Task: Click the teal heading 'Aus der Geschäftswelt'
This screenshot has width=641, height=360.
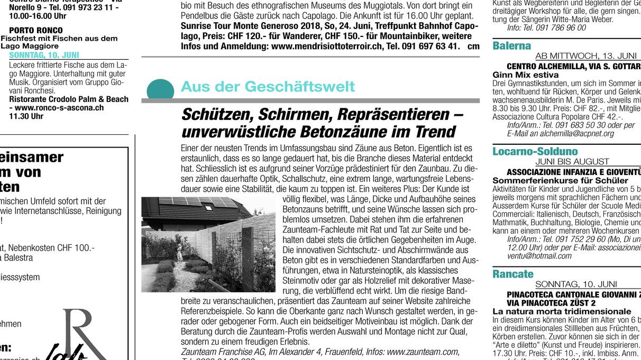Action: (x=268, y=87)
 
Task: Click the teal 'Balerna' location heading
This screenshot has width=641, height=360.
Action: (x=511, y=46)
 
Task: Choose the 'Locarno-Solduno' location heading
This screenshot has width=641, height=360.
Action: (x=535, y=152)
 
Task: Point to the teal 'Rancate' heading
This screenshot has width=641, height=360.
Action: (x=513, y=274)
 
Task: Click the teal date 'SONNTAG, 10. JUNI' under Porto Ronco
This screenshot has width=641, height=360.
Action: (x=44, y=55)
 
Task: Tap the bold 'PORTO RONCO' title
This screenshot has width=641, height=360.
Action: (x=35, y=30)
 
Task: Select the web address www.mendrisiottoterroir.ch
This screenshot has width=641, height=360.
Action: (x=326, y=46)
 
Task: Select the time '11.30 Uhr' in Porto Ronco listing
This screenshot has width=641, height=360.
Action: (x=26, y=116)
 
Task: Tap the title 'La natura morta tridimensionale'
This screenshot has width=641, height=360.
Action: (x=554, y=311)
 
